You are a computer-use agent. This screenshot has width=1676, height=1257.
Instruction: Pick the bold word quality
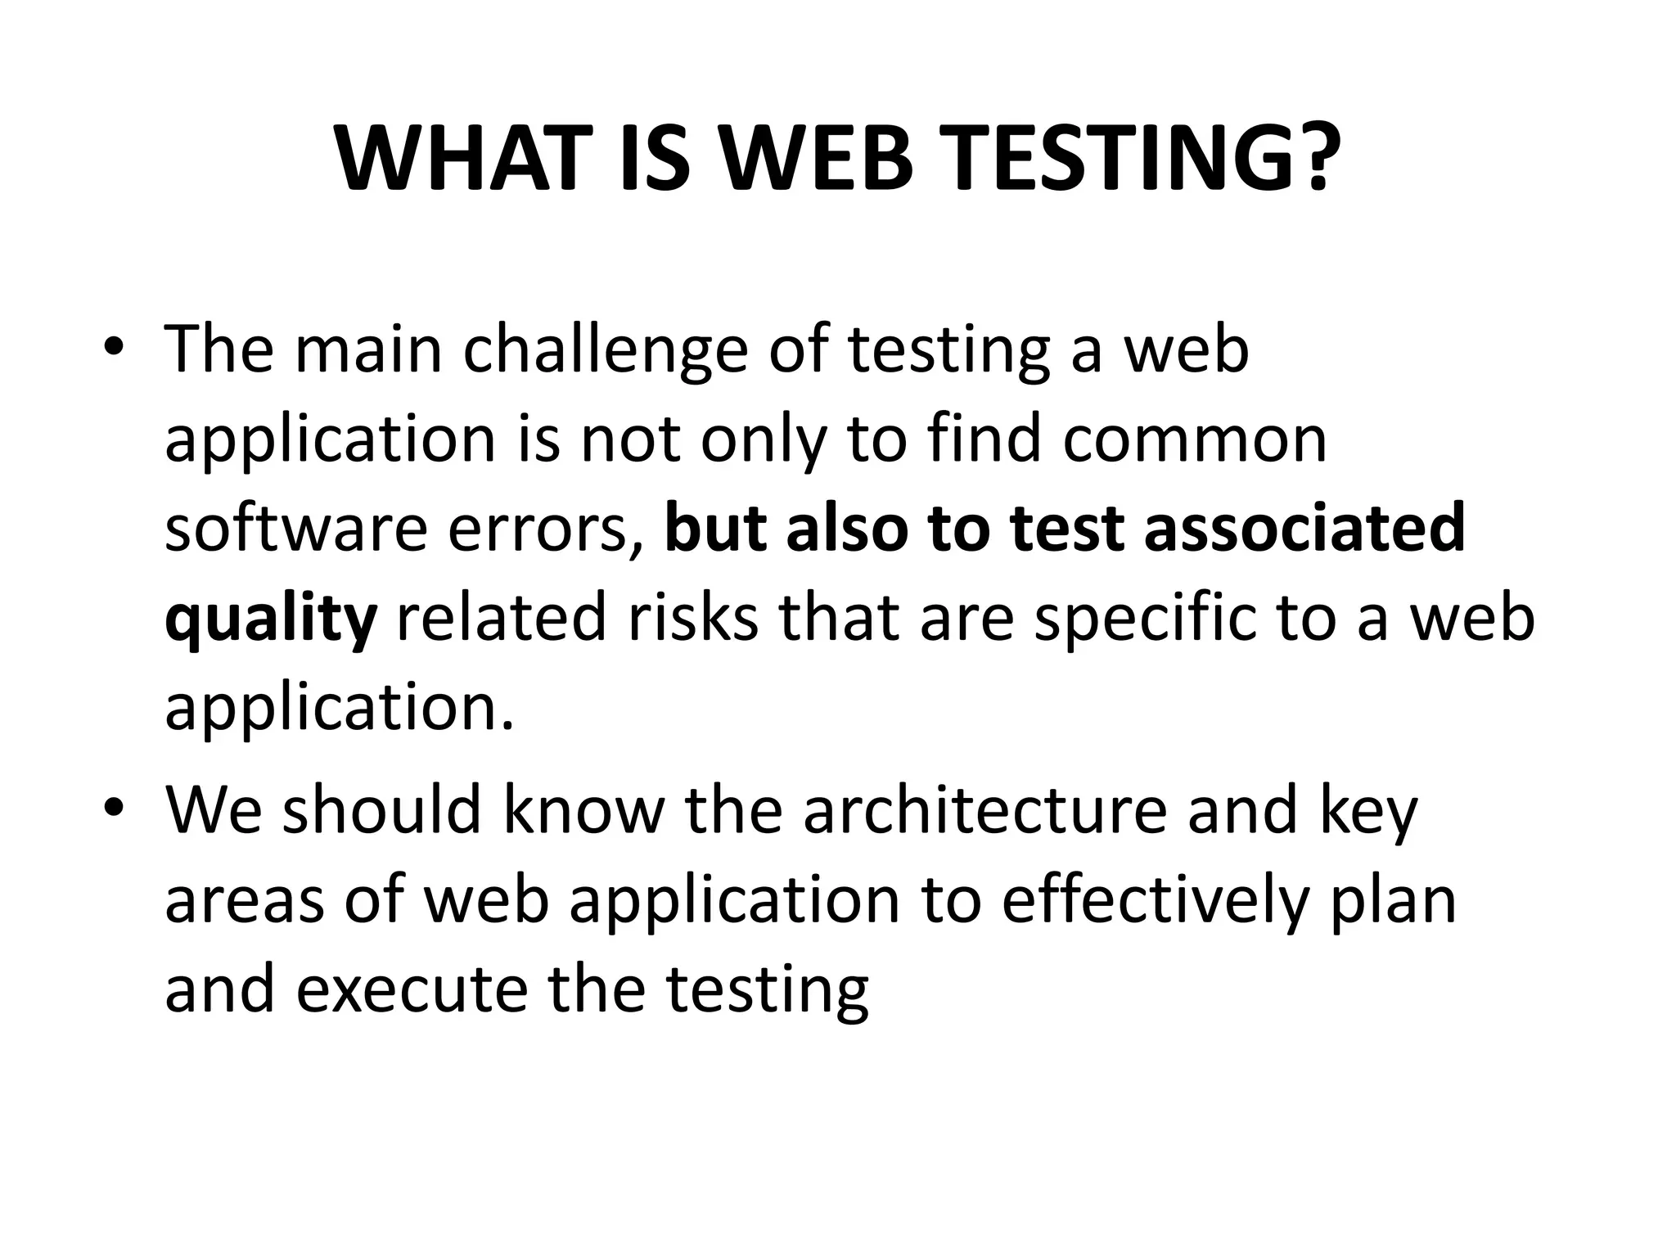coord(270,620)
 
